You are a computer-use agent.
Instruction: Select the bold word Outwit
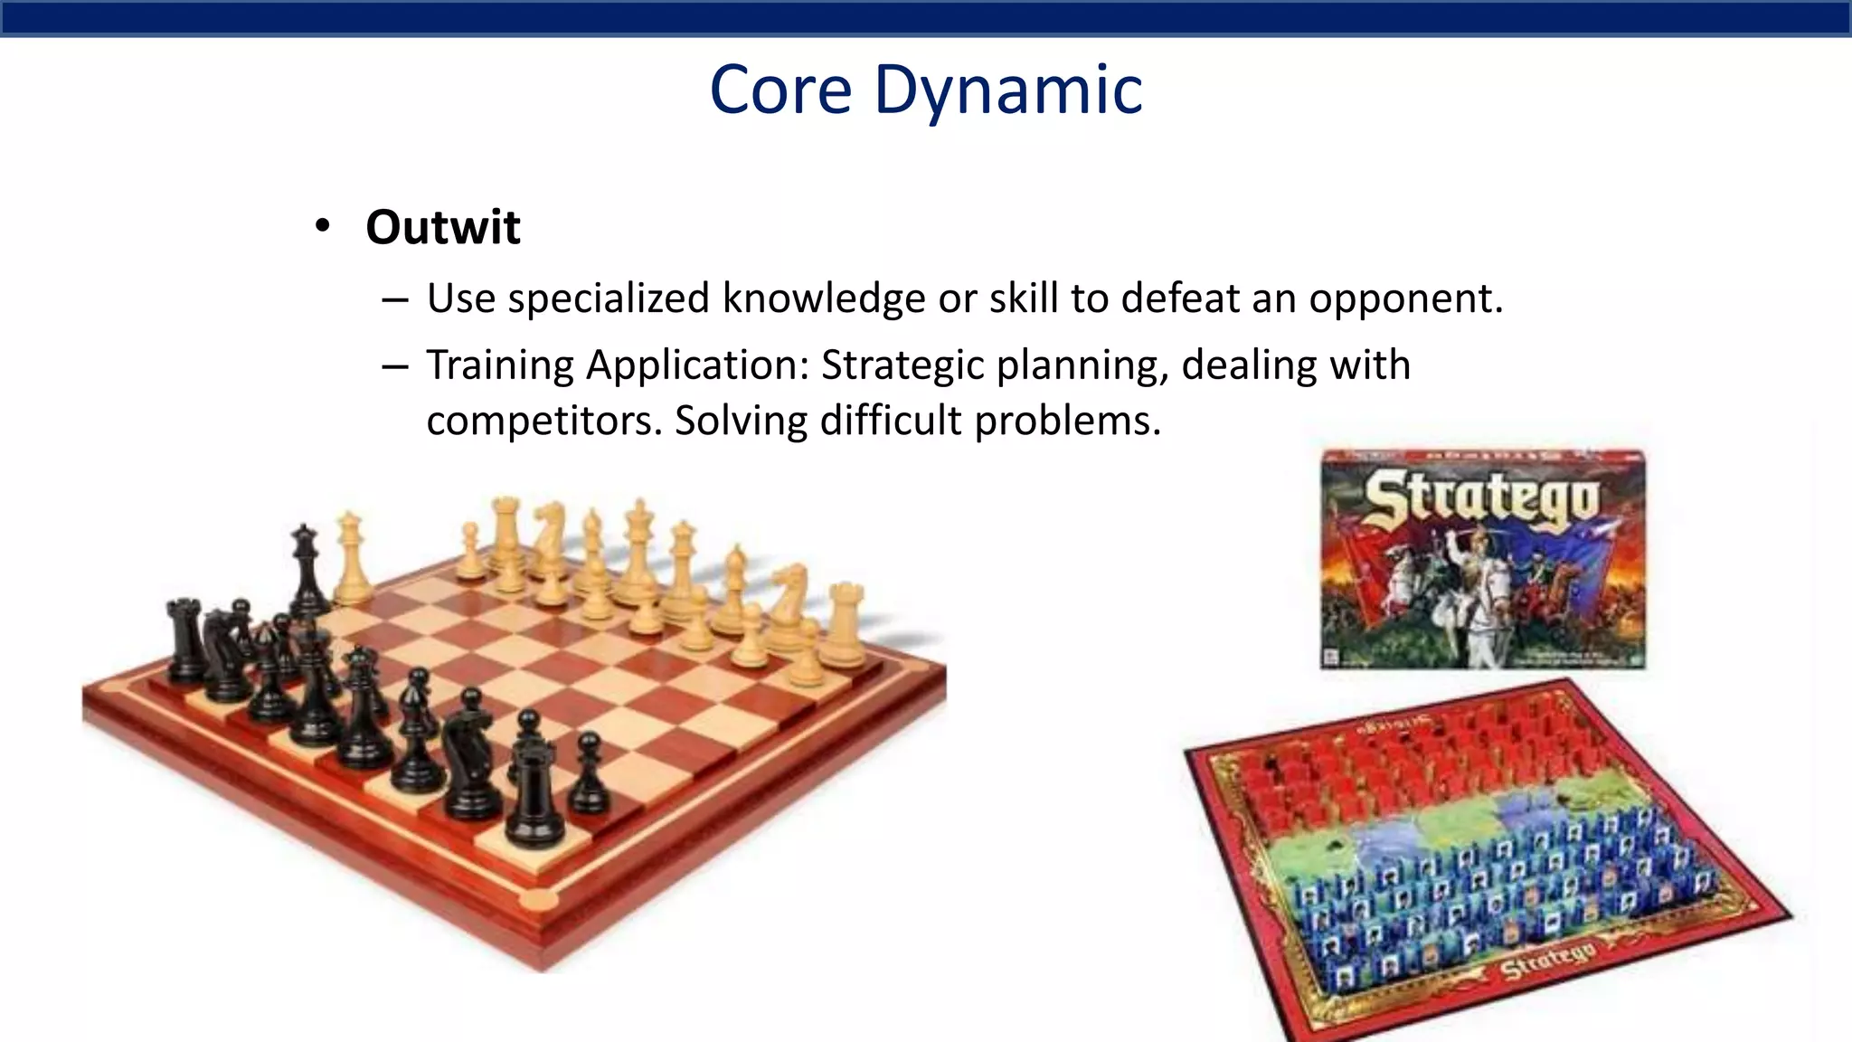[442, 226]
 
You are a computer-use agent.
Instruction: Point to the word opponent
[1405, 298]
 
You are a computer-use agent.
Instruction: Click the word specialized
[608, 298]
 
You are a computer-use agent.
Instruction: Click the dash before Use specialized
[395, 299]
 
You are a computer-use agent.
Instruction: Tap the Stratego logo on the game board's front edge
[1547, 961]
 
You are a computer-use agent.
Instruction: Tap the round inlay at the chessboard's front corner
[540, 899]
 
